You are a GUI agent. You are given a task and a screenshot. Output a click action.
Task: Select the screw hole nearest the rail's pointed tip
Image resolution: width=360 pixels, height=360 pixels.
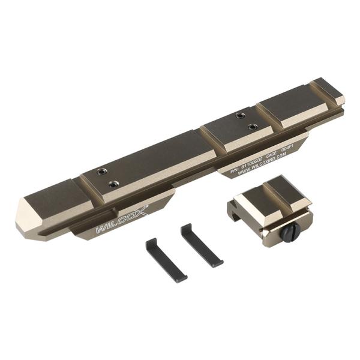click(99, 173)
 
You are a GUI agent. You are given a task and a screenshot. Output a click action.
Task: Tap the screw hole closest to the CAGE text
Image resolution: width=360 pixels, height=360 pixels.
click(253, 127)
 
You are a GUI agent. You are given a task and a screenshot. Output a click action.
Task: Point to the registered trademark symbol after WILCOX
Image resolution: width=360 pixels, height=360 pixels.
click(148, 205)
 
